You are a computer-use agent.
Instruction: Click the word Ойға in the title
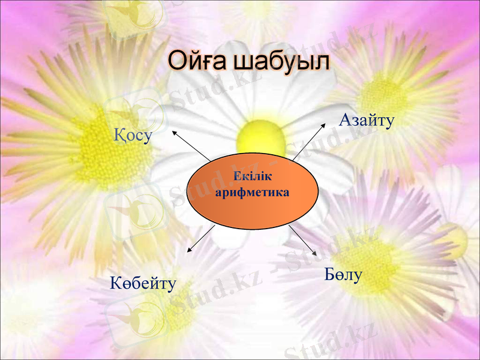196,62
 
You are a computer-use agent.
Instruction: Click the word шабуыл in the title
281,62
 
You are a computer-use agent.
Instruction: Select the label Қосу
133,136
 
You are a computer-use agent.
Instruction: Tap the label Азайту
366,120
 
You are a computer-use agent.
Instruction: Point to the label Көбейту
143,283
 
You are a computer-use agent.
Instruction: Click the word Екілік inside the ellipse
253,178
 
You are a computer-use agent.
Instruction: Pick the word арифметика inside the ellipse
252,193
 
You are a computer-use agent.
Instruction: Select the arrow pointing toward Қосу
190,144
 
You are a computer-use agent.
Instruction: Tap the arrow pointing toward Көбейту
200,239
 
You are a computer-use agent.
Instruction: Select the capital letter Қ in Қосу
119,136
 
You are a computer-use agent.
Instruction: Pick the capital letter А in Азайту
345,120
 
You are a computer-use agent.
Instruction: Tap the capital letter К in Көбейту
115,283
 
